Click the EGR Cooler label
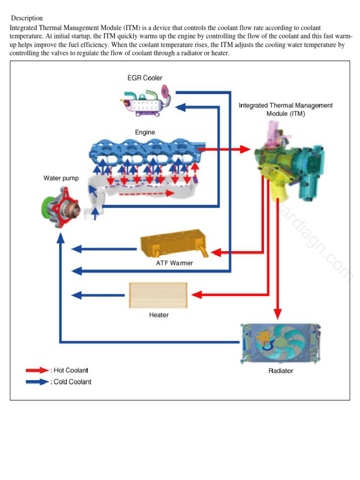[145, 78]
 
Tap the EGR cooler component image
[146, 101]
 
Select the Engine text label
[145, 132]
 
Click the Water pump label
[61, 178]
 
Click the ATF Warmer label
[174, 263]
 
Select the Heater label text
[159, 315]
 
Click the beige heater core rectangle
[158, 295]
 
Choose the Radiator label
[281, 371]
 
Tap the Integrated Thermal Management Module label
[285, 109]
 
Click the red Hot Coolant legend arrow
[37, 370]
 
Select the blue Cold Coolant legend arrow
[37, 382]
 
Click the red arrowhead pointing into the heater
[196, 295]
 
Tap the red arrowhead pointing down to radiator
[278, 314]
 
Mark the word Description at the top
[27, 18]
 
